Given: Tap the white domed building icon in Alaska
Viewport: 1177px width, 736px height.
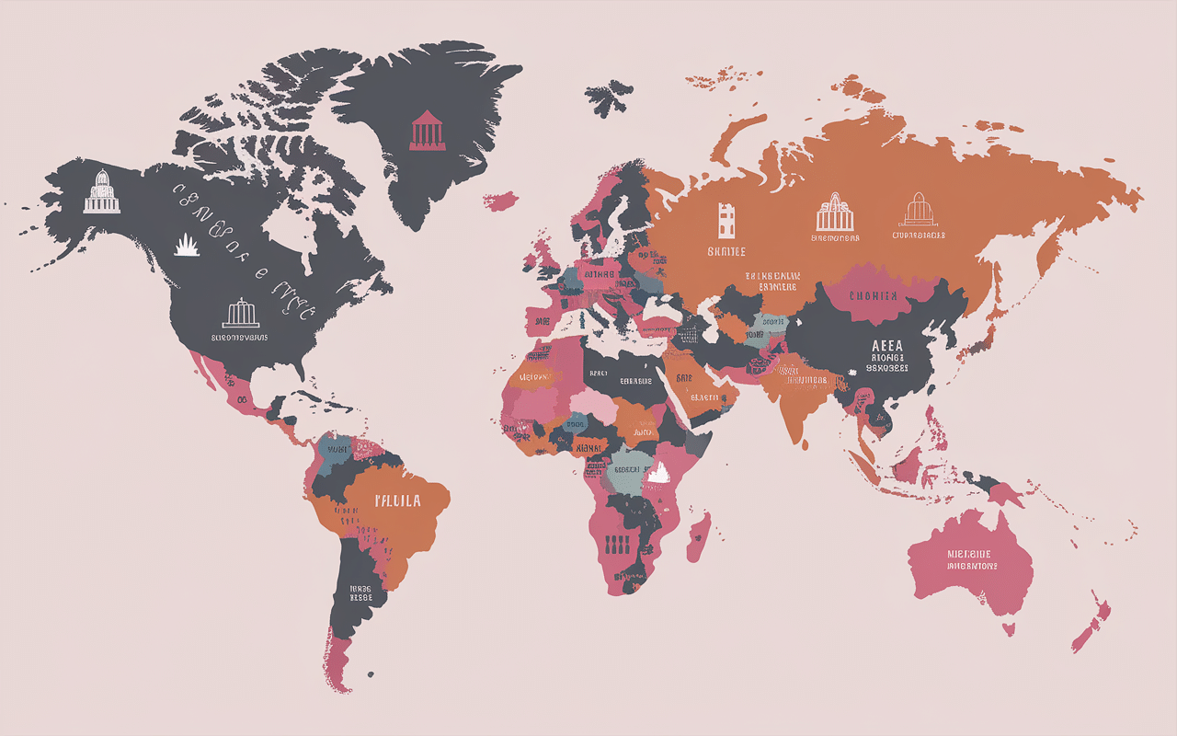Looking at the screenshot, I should coord(101,191).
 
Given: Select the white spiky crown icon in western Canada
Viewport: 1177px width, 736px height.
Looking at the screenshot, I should coord(188,245).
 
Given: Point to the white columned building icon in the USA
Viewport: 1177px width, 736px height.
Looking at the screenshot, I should coord(241,313).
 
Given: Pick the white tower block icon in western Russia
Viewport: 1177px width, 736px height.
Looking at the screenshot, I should coord(727,220).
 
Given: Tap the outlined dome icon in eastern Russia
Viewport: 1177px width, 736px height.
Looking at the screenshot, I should coord(918,210).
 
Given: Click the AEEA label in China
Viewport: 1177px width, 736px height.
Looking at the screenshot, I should coord(886,346).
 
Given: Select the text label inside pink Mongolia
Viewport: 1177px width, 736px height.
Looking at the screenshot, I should coord(872,296).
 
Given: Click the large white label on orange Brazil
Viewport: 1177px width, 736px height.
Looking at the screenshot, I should coord(397,501).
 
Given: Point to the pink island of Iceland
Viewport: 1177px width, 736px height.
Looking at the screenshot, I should coord(502,200).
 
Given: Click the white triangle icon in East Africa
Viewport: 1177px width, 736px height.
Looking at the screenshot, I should coord(657,475).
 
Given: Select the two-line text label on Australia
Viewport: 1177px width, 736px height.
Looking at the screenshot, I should coord(971,560).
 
